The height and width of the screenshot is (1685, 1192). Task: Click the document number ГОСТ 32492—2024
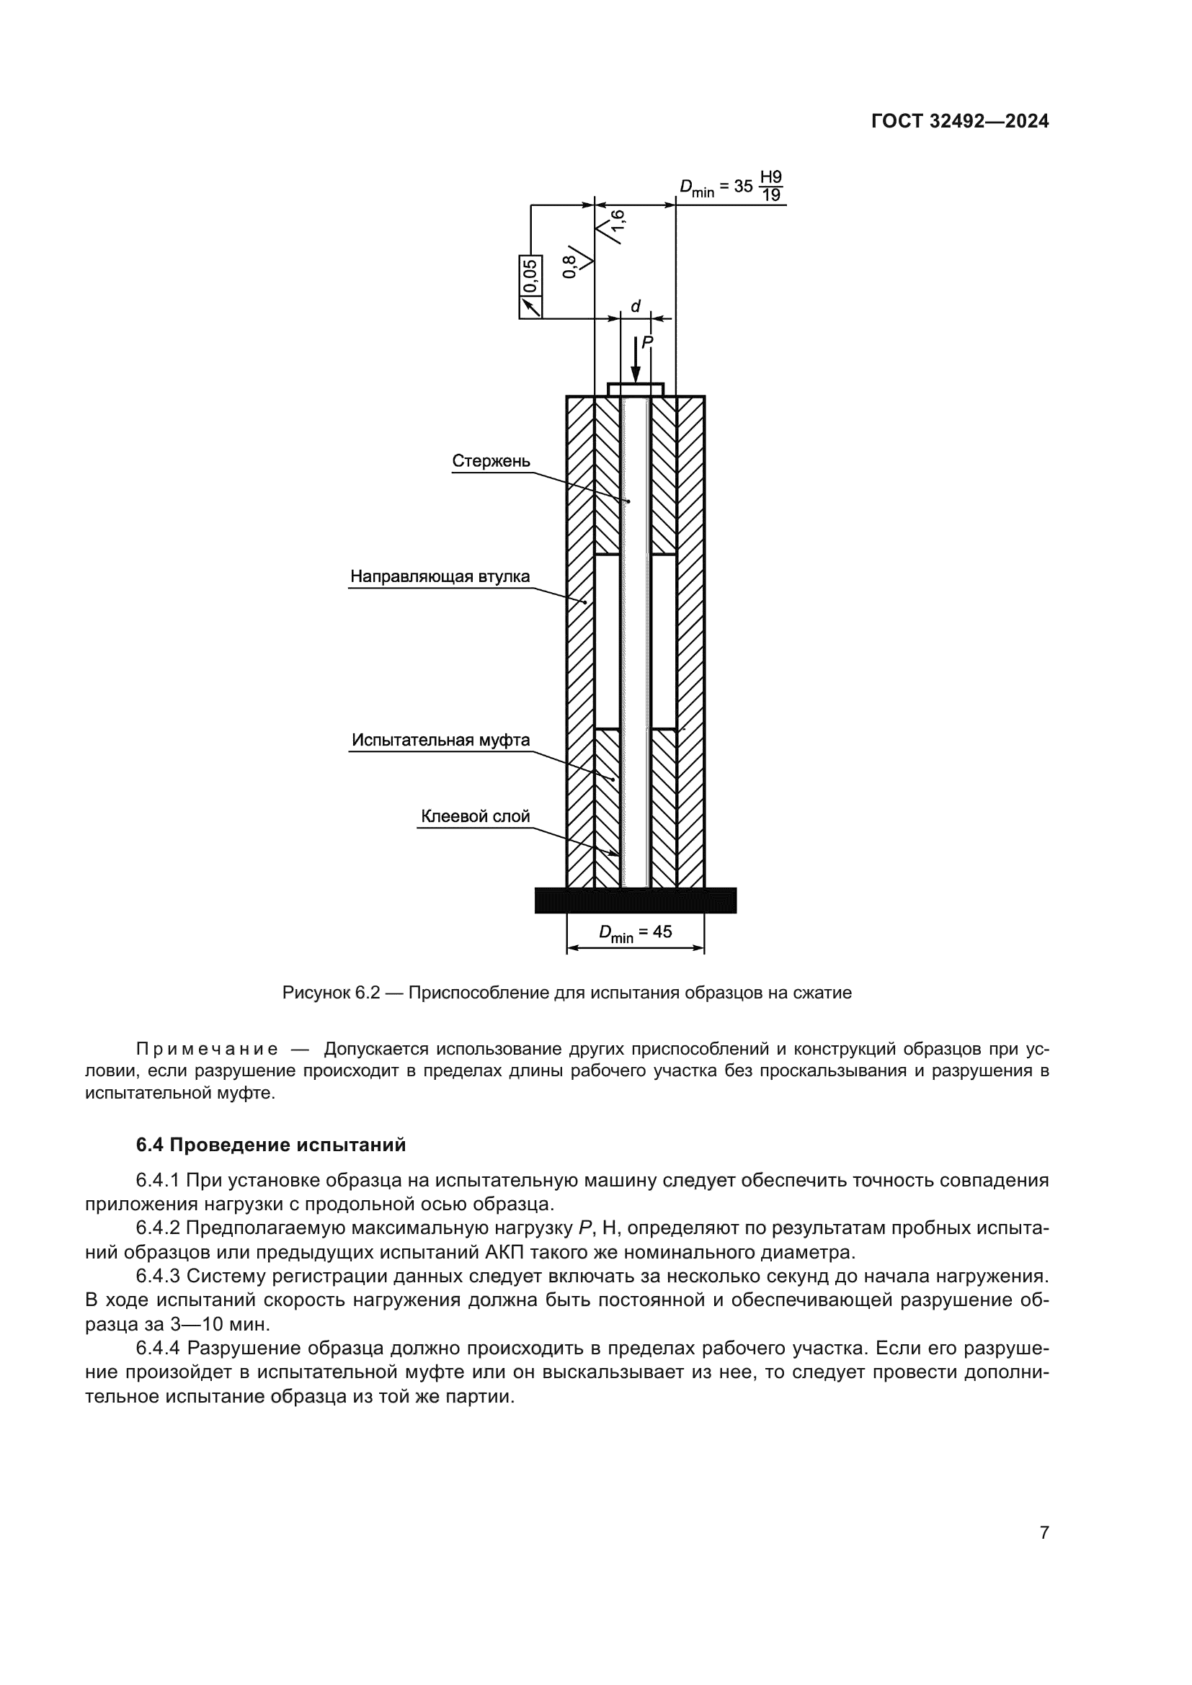[x=959, y=122]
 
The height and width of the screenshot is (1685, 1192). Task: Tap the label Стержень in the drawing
[x=490, y=461]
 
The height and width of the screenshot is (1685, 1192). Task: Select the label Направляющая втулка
[x=439, y=576]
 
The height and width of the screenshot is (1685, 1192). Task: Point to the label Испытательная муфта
[x=440, y=740]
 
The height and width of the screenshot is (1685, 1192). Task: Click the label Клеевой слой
[x=475, y=816]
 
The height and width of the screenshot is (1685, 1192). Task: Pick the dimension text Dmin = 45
[x=635, y=933]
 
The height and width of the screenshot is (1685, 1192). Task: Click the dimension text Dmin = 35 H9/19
[x=730, y=187]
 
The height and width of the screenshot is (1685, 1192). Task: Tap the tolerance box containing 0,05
[x=530, y=286]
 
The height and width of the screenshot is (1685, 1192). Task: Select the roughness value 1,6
[x=618, y=226]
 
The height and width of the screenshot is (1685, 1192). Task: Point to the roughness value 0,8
[x=569, y=267]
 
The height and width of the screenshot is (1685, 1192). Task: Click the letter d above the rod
[x=636, y=306]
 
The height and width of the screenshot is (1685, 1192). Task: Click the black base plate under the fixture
[x=635, y=900]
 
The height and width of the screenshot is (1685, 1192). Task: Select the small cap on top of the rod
[x=636, y=389]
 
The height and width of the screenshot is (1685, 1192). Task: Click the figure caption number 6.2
[x=368, y=993]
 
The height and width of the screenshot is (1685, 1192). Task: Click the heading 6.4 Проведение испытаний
[x=271, y=1145]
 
